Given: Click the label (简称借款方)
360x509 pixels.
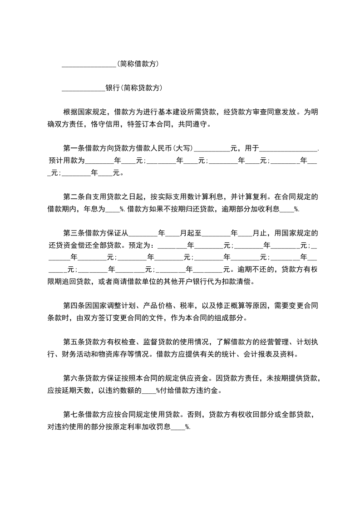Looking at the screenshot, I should [x=138, y=64].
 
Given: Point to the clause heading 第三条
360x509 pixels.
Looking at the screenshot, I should [x=73, y=233].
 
